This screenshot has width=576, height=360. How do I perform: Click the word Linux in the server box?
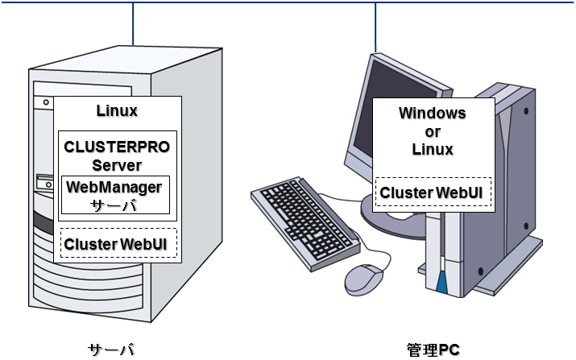pyautogui.click(x=117, y=110)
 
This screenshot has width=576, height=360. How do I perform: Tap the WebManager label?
pyautogui.click(x=114, y=187)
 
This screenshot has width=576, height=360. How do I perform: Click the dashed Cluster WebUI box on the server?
pyautogui.click(x=119, y=243)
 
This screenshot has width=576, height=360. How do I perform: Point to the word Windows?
pyautogui.click(x=432, y=113)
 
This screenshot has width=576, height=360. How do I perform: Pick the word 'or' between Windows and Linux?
pyautogui.click(x=432, y=130)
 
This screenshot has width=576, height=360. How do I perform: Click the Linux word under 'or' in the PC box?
pyautogui.click(x=432, y=149)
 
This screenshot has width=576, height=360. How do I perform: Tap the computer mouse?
pyautogui.click(x=363, y=278)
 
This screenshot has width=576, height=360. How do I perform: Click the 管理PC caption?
pyautogui.click(x=433, y=349)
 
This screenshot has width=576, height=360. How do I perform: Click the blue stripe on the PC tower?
pyautogui.click(x=441, y=282)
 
